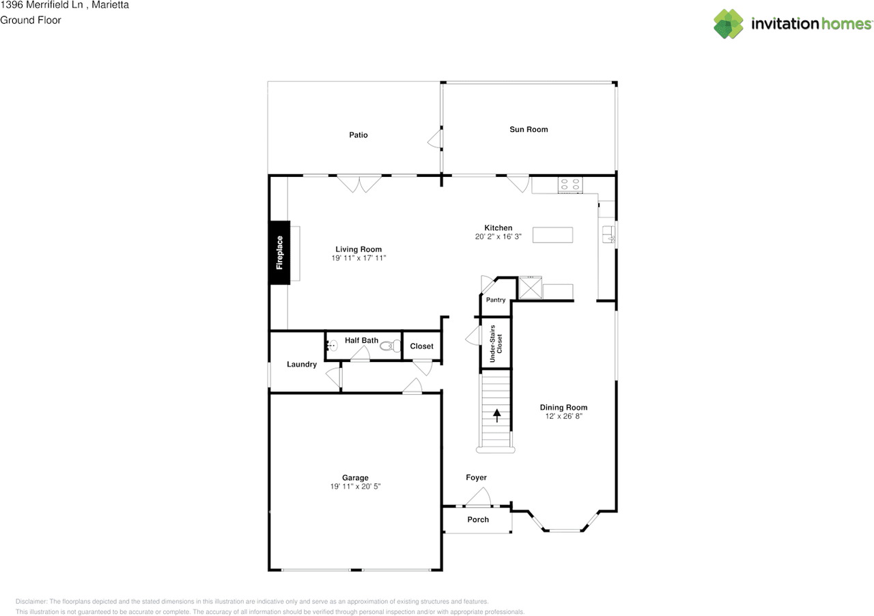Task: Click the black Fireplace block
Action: (279, 253)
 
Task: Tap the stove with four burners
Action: (570, 184)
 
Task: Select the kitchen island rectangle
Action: (552, 235)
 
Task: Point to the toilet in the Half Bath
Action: (391, 346)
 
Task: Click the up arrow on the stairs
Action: (496, 415)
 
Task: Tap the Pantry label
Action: (496, 300)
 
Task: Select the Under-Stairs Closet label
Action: (496, 344)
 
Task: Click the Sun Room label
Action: (528, 129)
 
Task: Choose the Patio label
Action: (358, 135)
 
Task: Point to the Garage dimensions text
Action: (355, 486)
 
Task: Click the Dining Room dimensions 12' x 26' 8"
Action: (563, 416)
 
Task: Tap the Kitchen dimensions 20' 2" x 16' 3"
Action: (498, 236)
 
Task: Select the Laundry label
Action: (302, 364)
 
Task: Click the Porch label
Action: (478, 520)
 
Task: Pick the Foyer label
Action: (476, 477)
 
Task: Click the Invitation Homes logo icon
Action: (728, 24)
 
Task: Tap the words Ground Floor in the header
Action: (31, 20)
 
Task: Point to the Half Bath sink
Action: (332, 346)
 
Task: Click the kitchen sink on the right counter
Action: (608, 234)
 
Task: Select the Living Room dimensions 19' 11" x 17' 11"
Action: (358, 257)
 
